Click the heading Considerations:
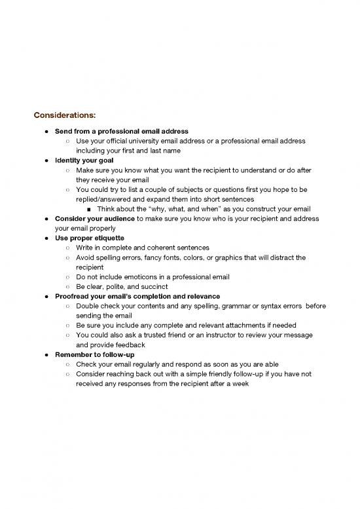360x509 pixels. [x=70, y=115]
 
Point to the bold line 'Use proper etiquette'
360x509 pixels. [x=88, y=237]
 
